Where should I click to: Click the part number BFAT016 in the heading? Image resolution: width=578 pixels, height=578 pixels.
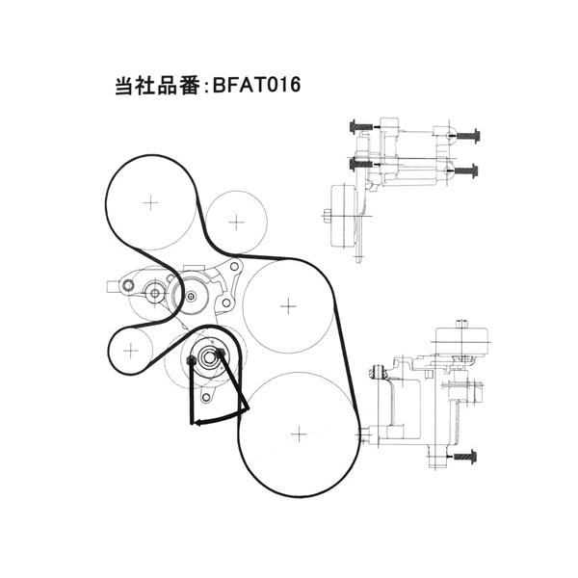point(256,85)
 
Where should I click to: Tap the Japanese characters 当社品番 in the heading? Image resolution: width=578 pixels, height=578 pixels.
point(157,86)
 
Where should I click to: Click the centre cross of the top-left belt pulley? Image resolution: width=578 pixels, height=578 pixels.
point(150,202)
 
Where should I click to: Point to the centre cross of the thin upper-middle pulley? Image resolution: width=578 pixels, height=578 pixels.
point(236,222)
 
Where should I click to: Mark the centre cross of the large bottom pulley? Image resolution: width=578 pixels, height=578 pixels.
point(299,434)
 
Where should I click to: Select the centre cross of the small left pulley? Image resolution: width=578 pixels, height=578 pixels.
point(130,351)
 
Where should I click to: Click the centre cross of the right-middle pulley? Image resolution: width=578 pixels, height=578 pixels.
point(288,306)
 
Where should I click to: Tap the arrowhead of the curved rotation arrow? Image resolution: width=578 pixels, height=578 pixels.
point(197,423)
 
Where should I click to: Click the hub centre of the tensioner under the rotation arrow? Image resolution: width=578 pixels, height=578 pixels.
point(208,356)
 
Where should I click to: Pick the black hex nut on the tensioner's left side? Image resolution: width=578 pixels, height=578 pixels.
point(191,360)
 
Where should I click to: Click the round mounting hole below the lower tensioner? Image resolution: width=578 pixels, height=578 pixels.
point(206,397)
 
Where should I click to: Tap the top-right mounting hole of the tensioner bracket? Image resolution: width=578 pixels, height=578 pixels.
point(234,266)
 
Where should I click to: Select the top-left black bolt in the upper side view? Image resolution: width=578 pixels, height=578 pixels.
point(361,126)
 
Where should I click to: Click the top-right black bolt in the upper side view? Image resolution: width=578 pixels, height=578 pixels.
point(468,135)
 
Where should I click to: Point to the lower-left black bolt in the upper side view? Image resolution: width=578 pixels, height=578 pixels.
point(361,164)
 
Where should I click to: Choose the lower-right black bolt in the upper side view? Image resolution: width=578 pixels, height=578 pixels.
point(466,171)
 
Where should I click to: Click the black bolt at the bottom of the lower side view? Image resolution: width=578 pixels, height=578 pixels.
point(465,457)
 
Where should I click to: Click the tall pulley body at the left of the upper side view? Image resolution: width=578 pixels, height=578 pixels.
point(344,216)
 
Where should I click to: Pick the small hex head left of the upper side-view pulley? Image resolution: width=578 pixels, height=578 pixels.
point(327,216)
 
